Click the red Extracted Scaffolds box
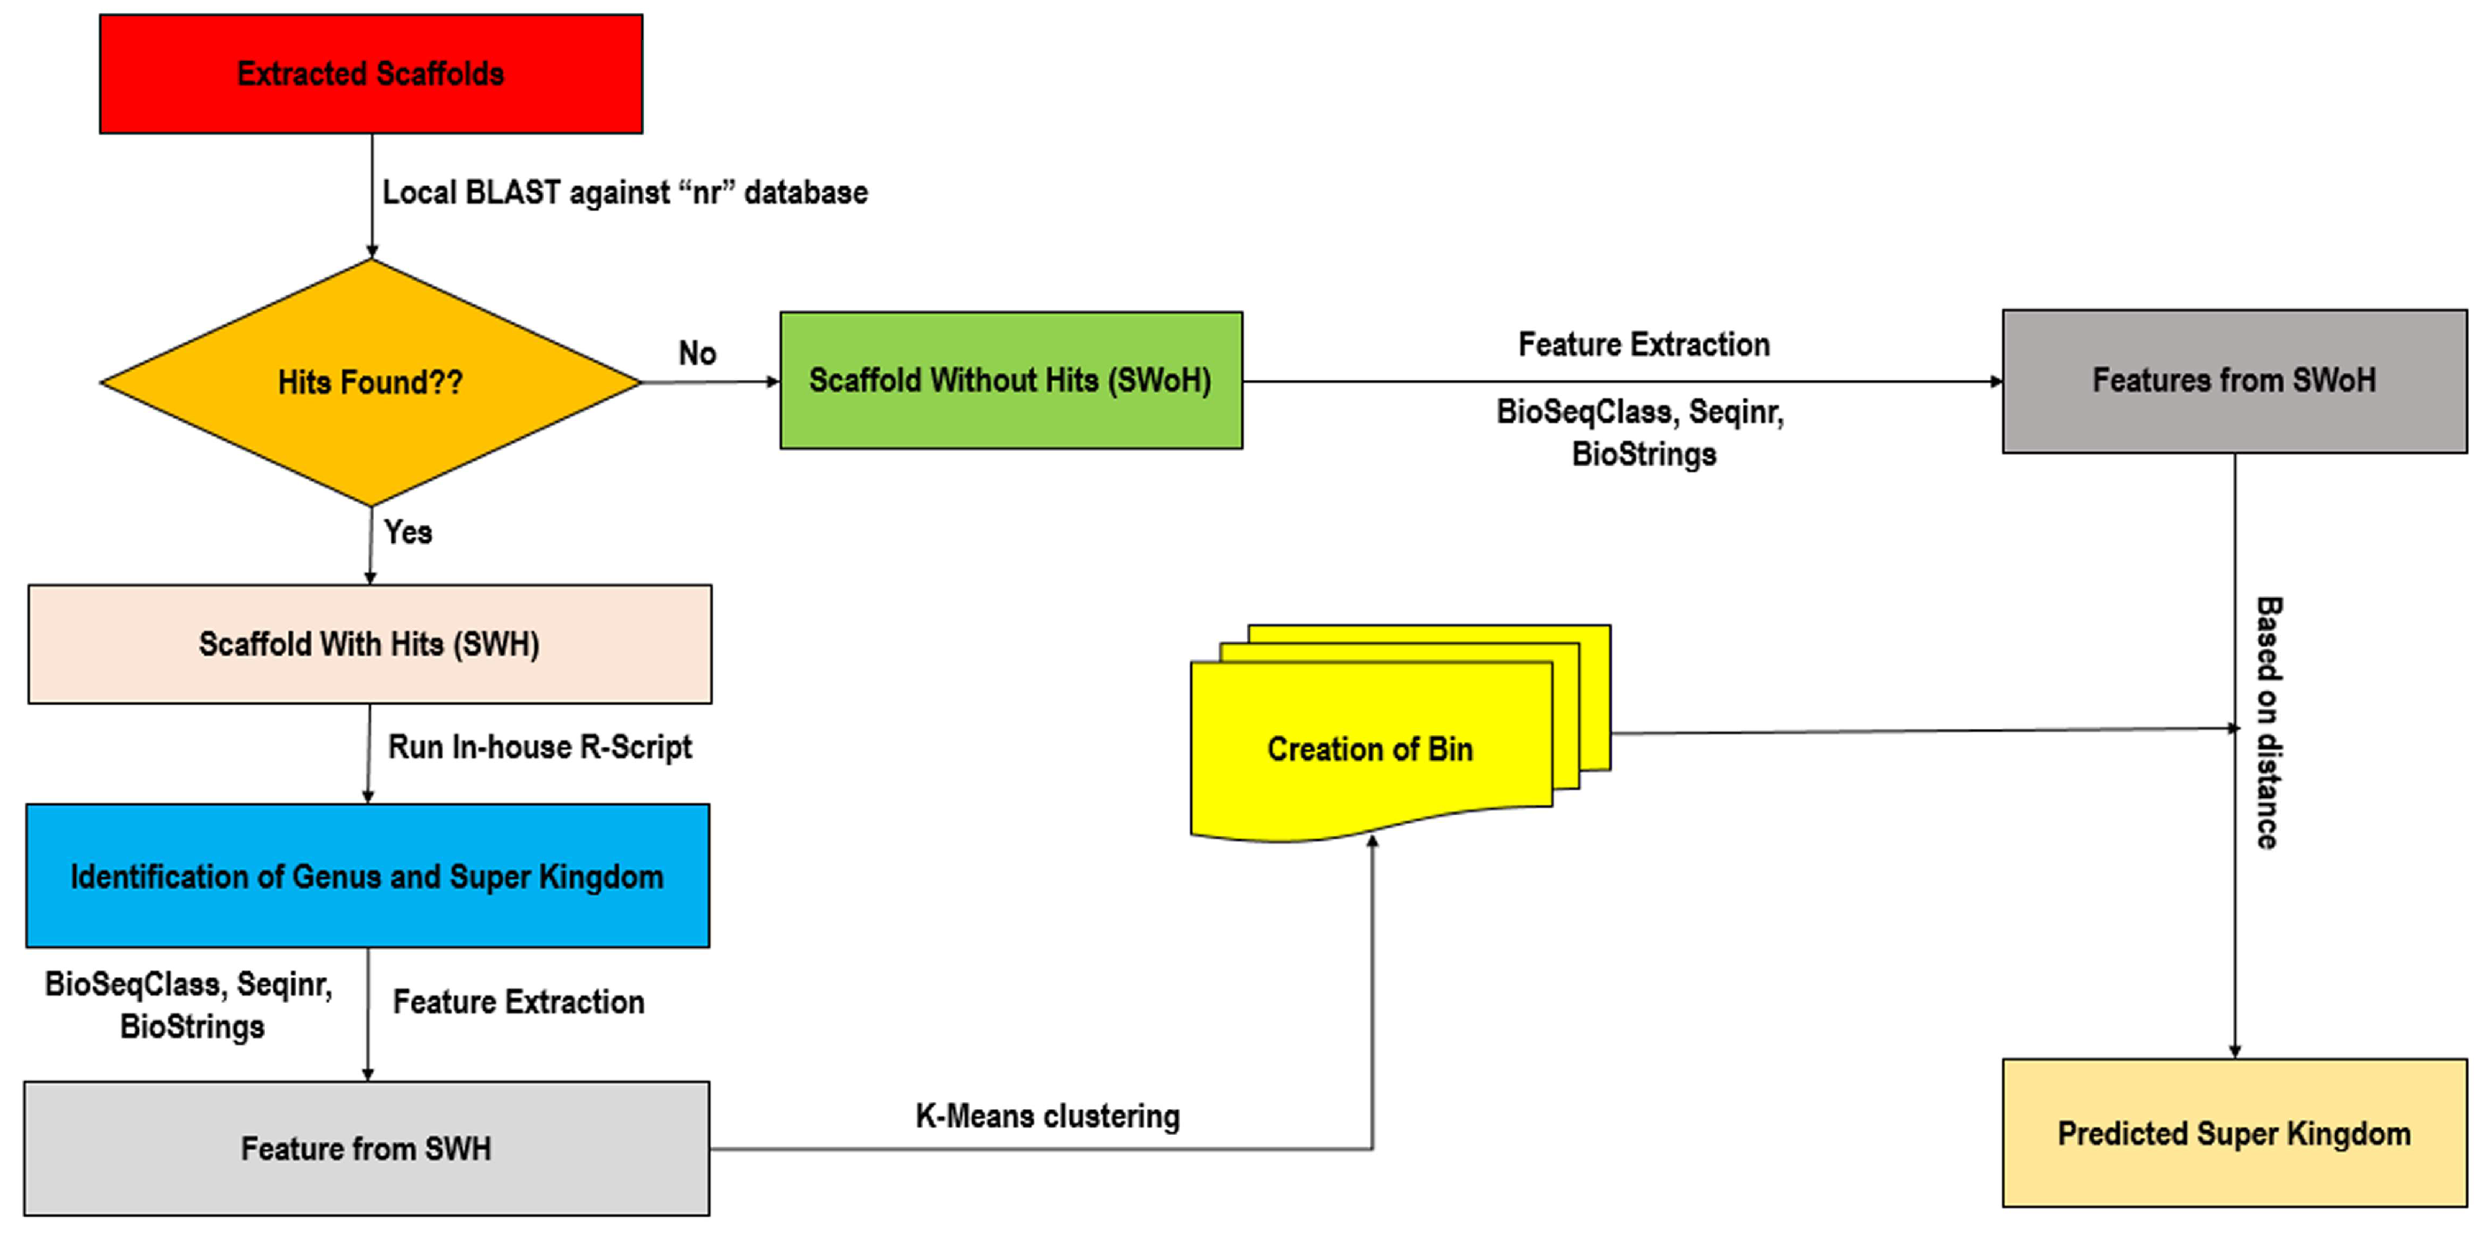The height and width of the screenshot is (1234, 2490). click(371, 74)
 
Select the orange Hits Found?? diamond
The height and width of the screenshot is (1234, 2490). click(371, 383)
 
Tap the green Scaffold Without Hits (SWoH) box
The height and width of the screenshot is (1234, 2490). click(1011, 380)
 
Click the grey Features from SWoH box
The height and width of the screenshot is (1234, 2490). click(2234, 381)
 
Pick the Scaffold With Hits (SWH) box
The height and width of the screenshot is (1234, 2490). click(369, 643)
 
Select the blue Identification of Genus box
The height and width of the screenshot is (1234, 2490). click(368, 875)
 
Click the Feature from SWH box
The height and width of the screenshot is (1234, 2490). click(367, 1148)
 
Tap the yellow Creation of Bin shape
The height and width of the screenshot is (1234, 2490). click(1370, 749)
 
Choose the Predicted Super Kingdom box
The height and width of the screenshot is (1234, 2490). click(2234, 1132)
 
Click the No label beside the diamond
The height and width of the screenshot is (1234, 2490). click(697, 353)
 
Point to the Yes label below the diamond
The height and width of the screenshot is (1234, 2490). click(407, 532)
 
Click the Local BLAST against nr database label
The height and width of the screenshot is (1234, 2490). click(624, 192)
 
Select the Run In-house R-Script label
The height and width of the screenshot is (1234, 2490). click(539, 747)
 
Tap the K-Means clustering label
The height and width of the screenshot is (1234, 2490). click(1048, 1116)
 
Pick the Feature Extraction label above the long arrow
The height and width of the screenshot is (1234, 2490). click(1643, 344)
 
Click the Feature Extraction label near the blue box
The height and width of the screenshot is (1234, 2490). click(518, 1002)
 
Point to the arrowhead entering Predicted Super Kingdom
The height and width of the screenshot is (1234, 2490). click(2234, 1052)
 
